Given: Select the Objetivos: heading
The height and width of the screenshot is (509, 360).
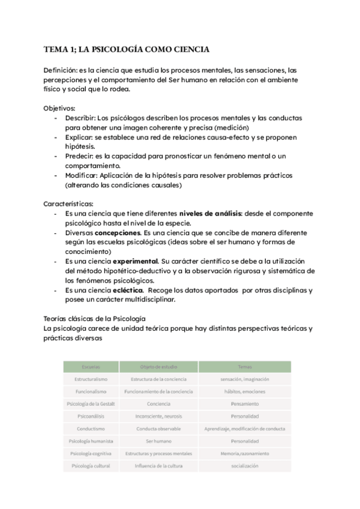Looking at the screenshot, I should point(59,109).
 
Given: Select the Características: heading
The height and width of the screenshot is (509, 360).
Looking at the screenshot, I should point(68,204).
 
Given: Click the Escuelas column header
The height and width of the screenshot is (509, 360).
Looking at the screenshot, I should point(91,366).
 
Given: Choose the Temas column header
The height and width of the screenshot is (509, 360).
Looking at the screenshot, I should point(245,366).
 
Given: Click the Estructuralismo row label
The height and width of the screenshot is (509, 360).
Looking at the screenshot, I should point(91,379).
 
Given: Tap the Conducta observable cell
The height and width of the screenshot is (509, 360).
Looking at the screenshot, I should point(158,429).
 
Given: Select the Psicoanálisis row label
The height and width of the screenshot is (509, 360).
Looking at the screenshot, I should point(91,416).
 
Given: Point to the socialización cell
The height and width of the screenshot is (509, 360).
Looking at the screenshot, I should point(245,466).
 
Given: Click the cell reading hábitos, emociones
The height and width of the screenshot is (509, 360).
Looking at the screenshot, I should point(245,391).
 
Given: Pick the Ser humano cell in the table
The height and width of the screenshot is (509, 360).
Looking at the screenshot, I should point(158,441).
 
